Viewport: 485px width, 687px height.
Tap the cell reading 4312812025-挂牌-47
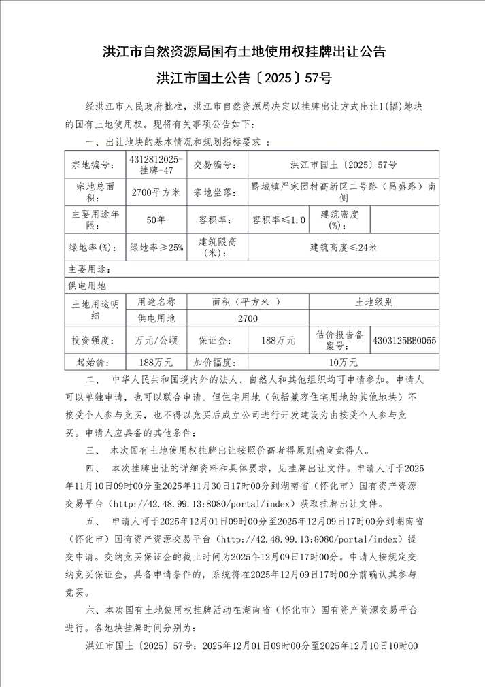pos(156,164)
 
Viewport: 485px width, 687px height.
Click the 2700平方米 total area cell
pos(156,192)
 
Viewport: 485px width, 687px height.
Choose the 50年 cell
pos(156,220)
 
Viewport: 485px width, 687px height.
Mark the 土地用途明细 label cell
pos(95,309)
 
